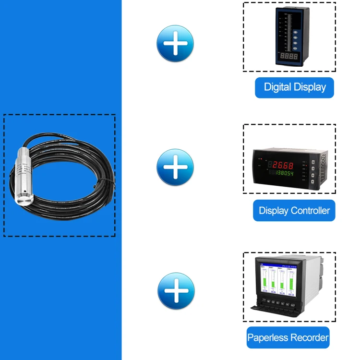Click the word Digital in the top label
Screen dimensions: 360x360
pyautogui.click(x=277, y=87)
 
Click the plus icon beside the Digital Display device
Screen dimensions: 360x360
pyautogui.click(x=175, y=43)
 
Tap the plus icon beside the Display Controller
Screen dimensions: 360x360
pyautogui.click(x=175, y=167)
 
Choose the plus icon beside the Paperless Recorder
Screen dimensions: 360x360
pyautogui.click(x=176, y=291)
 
